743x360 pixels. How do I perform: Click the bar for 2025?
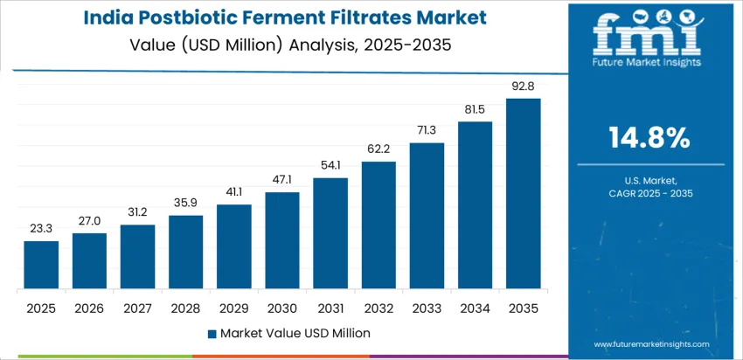pyautogui.click(x=41, y=265)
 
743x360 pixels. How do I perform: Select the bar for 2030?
pyautogui.click(x=282, y=240)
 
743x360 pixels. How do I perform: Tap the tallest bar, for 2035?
pyautogui.click(x=523, y=193)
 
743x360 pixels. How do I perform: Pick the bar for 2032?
pyautogui.click(x=378, y=225)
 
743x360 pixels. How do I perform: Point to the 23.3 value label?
pyautogui.click(x=41, y=229)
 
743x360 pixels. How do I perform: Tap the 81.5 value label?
pyautogui.click(x=475, y=109)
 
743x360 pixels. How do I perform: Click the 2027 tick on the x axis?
pyautogui.click(x=137, y=308)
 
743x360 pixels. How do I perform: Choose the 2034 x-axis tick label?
pyautogui.click(x=475, y=308)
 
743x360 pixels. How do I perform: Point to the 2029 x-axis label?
pyautogui.click(x=234, y=308)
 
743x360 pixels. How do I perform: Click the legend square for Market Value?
pyautogui.click(x=212, y=333)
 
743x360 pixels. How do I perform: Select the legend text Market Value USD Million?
pyautogui.click(x=295, y=333)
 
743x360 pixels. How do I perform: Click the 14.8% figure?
pyautogui.click(x=648, y=138)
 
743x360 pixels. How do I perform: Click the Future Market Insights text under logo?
pyautogui.click(x=647, y=62)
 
